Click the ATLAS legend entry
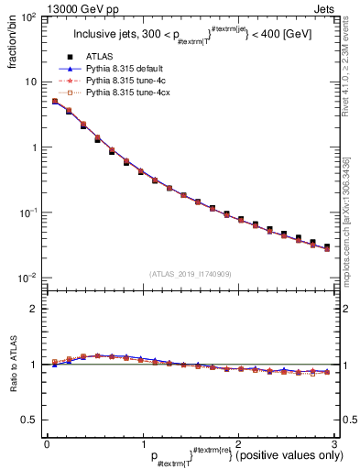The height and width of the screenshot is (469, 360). pyautogui.click(x=99, y=58)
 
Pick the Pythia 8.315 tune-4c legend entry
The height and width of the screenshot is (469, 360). pyautogui.click(x=121, y=81)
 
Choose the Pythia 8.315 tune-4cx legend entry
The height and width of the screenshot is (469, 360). pyautogui.click(x=123, y=93)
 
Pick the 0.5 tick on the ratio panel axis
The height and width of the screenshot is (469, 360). pyautogui.click(x=31, y=420)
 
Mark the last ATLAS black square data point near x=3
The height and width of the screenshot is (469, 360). pyautogui.click(x=326, y=246)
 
